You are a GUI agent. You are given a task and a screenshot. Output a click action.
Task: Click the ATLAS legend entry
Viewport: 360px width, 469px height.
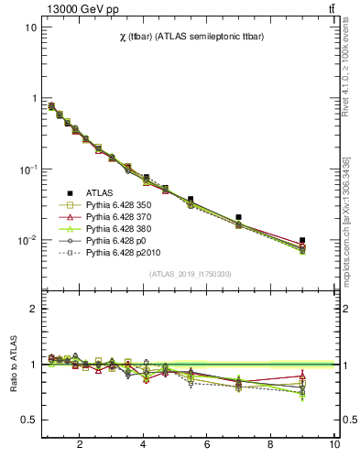coord(100,192)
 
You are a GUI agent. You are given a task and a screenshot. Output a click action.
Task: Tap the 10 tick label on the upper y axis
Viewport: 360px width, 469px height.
coord(30,27)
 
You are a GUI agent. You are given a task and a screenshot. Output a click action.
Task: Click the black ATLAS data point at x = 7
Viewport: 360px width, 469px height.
coord(238,217)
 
